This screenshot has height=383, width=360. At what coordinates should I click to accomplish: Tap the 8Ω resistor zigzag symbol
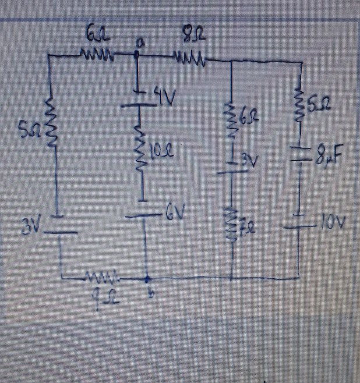[x=186, y=57]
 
